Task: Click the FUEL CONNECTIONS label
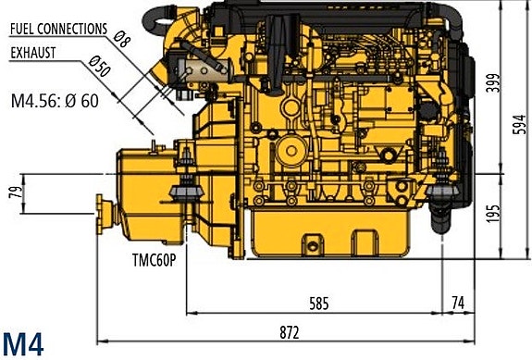pyautogui.click(x=58, y=30)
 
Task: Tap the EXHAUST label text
pyautogui.click(x=33, y=53)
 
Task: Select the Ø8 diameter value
pyautogui.click(x=121, y=40)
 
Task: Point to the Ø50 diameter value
pyautogui.click(x=99, y=66)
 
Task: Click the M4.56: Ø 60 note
pyautogui.click(x=55, y=101)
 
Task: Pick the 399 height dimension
pyautogui.click(x=493, y=82)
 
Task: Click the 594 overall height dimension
pyautogui.click(x=520, y=125)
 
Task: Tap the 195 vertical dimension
pyautogui.click(x=493, y=214)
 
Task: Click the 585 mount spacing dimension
pyautogui.click(x=319, y=304)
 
